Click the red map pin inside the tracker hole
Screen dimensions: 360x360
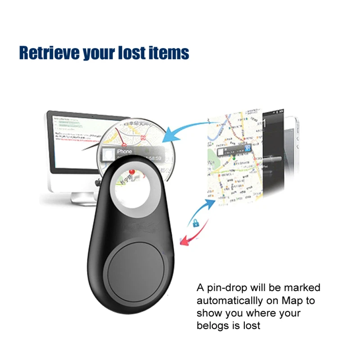click(132, 172)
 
